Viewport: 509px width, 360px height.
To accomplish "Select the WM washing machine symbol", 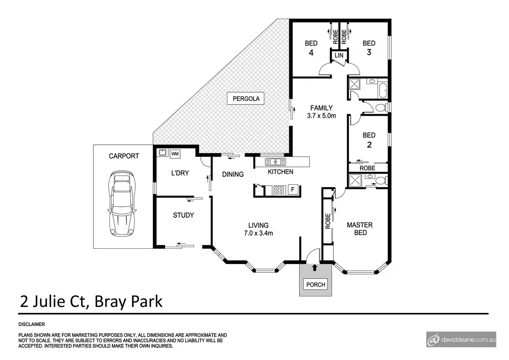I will pos(175,154).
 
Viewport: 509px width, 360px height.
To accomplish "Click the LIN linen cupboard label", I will pos(338,56).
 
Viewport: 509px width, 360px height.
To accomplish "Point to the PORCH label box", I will pos(316,284).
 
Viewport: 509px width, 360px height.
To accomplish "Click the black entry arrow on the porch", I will pos(314,267).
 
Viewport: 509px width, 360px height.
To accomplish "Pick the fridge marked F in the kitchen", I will pos(292,190).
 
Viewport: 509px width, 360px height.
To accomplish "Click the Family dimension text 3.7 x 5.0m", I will pos(321,115).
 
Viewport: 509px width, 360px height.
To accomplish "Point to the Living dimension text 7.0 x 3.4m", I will pos(258,233).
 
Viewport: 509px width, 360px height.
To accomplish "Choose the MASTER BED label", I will pos(360,229).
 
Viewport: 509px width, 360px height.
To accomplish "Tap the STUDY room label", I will pos(183,215).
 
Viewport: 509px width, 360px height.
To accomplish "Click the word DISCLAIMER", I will pos(31,324).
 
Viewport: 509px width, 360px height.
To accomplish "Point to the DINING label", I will pos(233,174).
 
